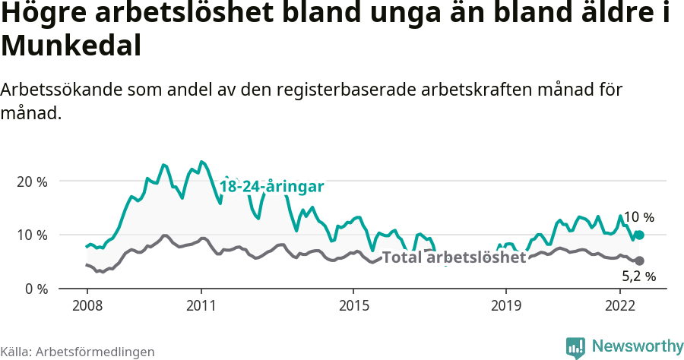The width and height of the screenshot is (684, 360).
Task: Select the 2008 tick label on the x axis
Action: pos(87,305)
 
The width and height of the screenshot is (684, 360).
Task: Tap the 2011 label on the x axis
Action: pos(201,305)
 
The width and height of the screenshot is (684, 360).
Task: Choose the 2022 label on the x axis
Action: pos(620,305)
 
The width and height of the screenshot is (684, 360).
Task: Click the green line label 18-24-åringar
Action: pos(272,187)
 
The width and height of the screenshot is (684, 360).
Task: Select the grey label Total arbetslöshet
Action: pos(454,257)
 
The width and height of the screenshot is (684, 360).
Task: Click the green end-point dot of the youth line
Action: pos(640,235)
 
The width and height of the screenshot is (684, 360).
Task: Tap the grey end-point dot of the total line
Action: pos(640,261)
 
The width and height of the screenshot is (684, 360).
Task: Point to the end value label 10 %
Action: pos(638,217)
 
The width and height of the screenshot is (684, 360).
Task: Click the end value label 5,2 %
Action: pos(638,276)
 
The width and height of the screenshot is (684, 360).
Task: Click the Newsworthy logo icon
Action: pos(575,346)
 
